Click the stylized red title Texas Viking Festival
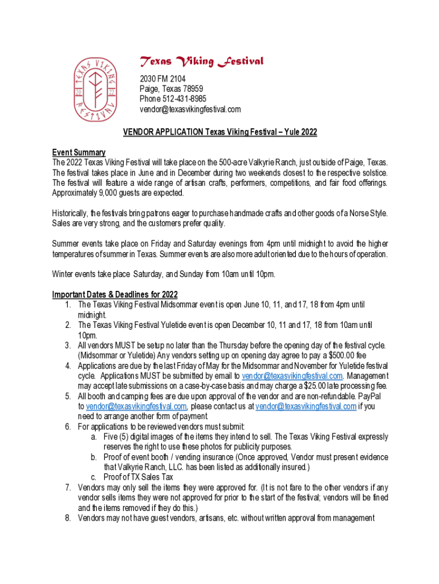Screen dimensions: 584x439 (202, 62)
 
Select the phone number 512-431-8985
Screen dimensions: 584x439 (184, 99)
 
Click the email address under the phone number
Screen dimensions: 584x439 (190, 109)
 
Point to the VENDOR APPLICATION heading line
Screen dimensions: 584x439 (219, 132)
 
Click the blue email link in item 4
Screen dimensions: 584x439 (292, 376)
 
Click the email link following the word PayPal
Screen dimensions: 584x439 (136, 406)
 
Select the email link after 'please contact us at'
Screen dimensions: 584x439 (306, 406)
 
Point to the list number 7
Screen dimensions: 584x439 (67, 488)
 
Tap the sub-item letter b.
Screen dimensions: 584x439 (93, 457)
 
